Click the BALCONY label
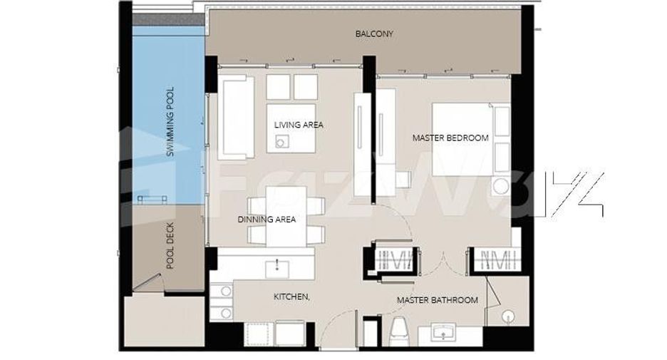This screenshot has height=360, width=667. click(374, 34)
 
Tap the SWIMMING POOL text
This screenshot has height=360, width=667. click(170, 122)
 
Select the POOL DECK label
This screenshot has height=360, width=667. click(170, 245)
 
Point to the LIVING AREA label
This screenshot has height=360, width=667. click(299, 125)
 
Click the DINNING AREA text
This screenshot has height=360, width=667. click(267, 220)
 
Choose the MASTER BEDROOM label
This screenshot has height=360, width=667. click(450, 138)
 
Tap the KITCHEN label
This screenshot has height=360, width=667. click(291, 297)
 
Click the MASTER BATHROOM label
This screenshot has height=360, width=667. click(438, 300)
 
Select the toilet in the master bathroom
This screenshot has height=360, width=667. click(400, 331)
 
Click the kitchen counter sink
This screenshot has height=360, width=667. click(277, 269)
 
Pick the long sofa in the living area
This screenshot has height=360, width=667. click(236, 118)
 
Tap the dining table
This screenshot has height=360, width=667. click(286, 217)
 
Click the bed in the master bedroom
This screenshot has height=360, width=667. click(471, 139)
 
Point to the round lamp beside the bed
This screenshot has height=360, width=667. click(501, 187)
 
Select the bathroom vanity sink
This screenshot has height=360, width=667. click(443, 332)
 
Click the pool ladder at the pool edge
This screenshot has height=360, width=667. click(152, 199)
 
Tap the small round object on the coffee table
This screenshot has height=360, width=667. click(280, 142)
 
